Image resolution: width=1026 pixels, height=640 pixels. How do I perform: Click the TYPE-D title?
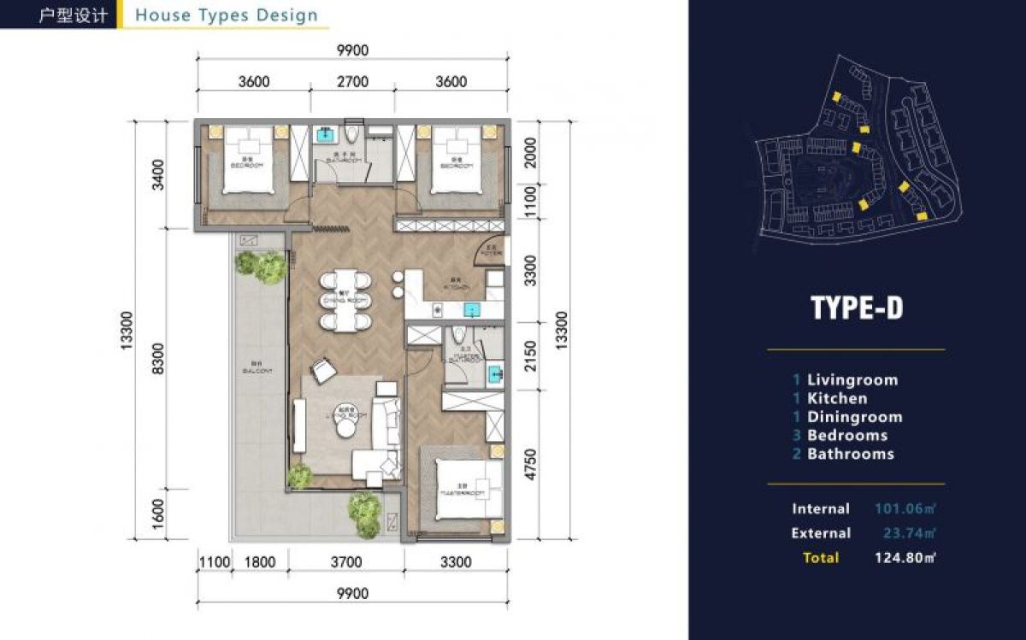pos(856,308)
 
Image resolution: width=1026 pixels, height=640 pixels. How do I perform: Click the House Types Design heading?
pos(226,15)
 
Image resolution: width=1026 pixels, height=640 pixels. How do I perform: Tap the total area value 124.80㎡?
pos(905,558)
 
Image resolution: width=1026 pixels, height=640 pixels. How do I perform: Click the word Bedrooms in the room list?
pos(846,435)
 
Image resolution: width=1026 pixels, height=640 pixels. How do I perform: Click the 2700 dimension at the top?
pos(351,82)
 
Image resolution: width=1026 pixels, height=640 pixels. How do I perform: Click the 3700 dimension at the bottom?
pos(345,562)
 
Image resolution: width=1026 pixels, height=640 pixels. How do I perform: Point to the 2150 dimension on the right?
pos(531,355)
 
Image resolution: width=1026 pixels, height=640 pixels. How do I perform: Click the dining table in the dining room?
pos(346,300)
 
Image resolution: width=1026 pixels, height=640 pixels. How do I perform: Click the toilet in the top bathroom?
pos(353,135)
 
